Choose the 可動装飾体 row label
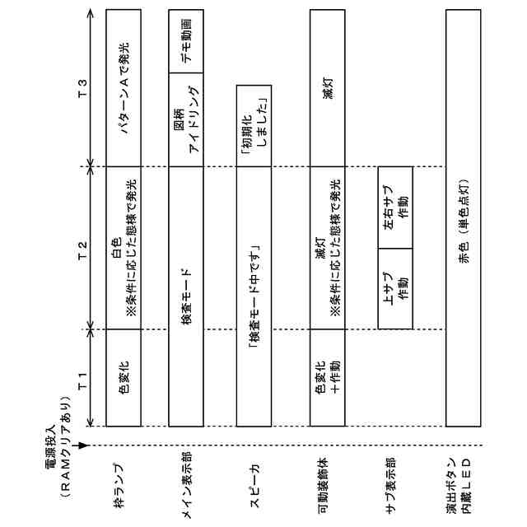[324, 492]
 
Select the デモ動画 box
[186, 41]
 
